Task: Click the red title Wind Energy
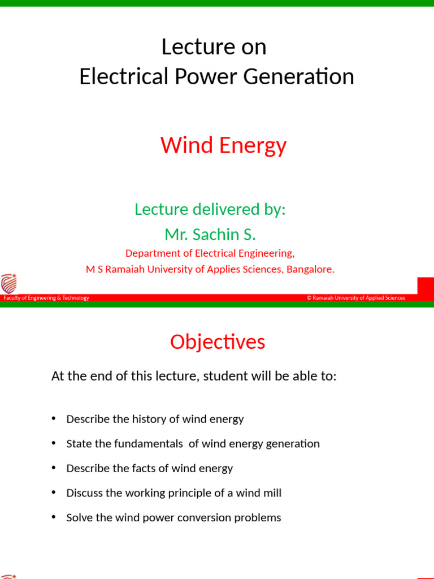point(223,146)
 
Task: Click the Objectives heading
point(218,342)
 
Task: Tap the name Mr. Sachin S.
point(210,234)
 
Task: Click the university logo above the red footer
point(8,283)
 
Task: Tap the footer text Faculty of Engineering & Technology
point(46,298)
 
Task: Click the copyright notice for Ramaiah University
point(356,298)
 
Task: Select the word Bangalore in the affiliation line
point(310,270)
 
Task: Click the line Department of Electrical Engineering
point(210,253)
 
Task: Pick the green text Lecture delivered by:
point(210,209)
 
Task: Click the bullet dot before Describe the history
point(54,418)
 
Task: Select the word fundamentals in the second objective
point(149,444)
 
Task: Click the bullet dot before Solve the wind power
point(54,517)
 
